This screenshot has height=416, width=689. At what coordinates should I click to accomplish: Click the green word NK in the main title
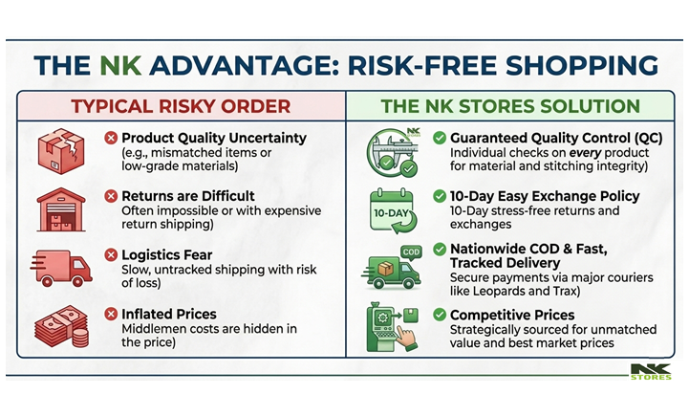point(120,66)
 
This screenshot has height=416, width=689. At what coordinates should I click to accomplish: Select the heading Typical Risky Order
point(181,106)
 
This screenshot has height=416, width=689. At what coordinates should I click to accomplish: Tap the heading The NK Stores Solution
point(510,106)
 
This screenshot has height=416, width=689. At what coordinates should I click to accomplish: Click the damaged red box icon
point(61,151)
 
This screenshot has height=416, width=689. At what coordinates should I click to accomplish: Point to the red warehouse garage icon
point(61,209)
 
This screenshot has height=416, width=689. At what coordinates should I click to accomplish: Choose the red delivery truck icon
point(61,268)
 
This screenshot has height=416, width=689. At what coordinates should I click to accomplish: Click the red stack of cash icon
point(61,326)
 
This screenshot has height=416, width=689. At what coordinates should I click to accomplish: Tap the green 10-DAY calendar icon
point(393,211)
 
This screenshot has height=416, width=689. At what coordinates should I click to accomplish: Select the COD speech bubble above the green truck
point(411,252)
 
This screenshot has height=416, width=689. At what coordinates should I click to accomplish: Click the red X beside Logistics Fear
point(111,254)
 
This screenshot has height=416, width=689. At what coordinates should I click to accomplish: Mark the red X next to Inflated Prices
point(111,314)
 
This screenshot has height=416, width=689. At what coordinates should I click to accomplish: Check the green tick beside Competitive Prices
point(440,315)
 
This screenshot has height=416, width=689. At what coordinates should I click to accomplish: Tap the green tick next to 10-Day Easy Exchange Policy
point(440,196)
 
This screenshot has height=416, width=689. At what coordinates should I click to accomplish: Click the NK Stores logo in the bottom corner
point(651,371)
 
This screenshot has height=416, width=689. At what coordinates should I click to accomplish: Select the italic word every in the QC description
point(585,153)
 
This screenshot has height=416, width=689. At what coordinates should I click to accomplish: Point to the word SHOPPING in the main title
point(582,66)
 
